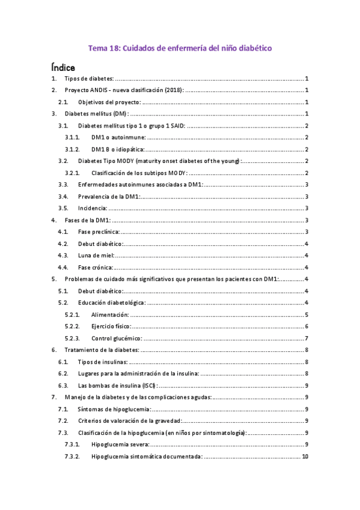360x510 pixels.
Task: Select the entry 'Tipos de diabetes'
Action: click(88, 79)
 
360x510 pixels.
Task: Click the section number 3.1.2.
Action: click(72, 149)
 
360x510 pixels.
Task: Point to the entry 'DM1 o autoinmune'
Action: click(118, 138)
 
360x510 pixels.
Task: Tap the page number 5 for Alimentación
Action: click(307, 314)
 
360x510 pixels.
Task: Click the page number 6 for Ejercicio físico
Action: click(307, 326)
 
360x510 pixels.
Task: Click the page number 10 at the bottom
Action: click(305, 456)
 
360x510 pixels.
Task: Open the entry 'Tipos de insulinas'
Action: click(103, 361)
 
